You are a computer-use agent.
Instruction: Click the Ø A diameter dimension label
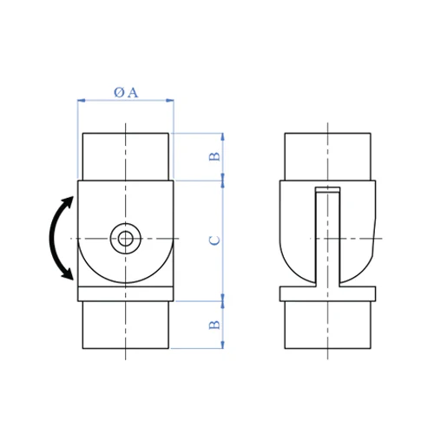126,92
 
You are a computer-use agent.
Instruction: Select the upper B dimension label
214,156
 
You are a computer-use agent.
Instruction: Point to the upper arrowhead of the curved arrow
68,201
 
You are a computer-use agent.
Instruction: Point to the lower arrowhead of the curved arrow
68,274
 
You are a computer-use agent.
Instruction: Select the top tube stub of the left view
127,156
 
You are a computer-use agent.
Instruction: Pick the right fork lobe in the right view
359,230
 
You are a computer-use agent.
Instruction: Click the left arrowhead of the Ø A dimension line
82,101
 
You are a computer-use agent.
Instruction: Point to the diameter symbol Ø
119,92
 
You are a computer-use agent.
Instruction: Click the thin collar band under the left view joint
127,293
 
